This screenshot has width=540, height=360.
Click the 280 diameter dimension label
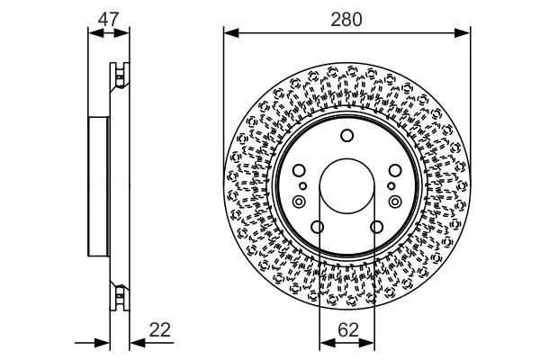[346, 20]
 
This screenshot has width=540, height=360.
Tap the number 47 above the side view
[109, 19]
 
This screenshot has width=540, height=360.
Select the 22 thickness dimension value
[160, 330]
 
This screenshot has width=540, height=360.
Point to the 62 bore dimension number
[348, 330]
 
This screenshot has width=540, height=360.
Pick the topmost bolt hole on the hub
[346, 135]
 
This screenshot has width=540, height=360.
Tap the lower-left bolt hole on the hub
[317, 227]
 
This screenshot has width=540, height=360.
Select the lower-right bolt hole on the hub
[376, 227]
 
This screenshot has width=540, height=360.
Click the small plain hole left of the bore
[302, 186]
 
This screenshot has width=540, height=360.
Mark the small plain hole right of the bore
[391, 186]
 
